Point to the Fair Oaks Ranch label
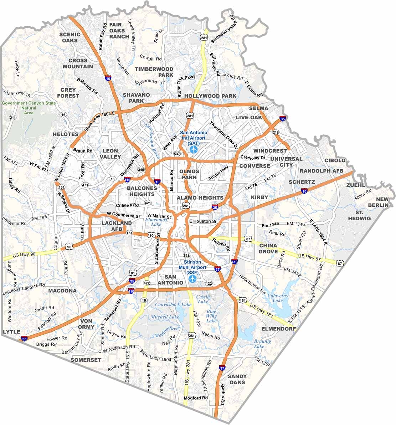tap(119, 30)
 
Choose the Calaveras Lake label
tap(273, 298)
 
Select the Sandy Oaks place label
tap(237, 379)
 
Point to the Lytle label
tap(11, 332)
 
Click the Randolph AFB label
tap(321, 171)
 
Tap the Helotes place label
tap(65, 134)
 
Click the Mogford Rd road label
tap(195, 398)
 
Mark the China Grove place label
tap(268, 249)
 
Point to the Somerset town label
tap(86, 360)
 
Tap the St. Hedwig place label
tap(359, 215)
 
